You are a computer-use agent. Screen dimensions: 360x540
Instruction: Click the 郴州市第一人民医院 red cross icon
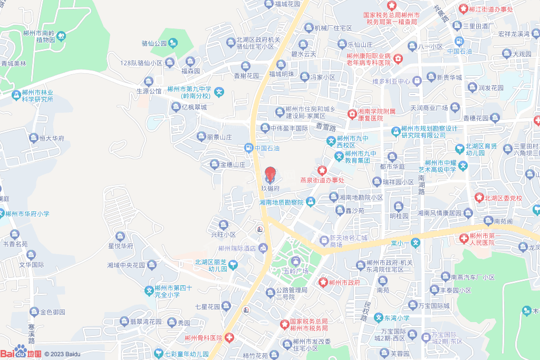464,238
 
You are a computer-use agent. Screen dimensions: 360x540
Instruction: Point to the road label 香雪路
326,127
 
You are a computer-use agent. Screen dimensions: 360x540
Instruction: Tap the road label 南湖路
421,184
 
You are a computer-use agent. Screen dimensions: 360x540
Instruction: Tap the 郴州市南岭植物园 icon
61,36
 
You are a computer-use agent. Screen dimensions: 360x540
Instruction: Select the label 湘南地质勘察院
282,202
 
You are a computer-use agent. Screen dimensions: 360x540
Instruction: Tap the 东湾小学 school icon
378,318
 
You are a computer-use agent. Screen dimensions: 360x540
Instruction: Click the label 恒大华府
51,139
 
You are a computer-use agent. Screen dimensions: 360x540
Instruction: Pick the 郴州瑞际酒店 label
237,248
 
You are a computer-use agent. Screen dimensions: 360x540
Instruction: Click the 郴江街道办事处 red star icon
463,8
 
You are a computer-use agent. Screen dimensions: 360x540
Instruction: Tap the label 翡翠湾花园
146,322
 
